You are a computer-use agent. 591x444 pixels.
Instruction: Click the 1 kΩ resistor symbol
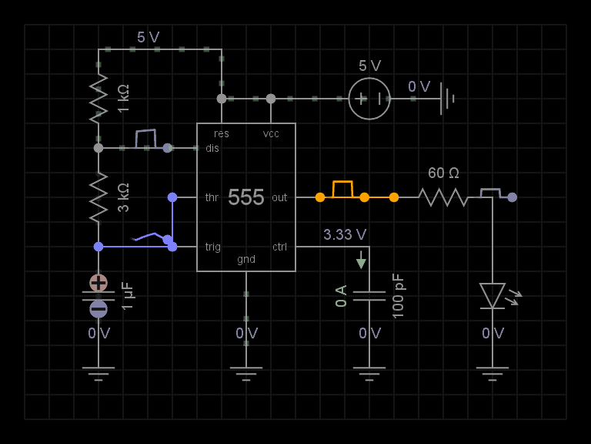click(98, 99)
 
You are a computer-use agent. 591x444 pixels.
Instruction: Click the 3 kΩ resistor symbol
click(98, 197)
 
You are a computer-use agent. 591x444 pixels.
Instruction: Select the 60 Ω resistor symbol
click(443, 197)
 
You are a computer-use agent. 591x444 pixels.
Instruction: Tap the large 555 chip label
click(245, 197)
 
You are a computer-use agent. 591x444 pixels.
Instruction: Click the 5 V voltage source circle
click(369, 99)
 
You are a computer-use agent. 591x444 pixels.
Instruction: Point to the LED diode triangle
click(492, 295)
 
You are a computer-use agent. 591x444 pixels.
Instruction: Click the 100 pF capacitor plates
click(369, 295)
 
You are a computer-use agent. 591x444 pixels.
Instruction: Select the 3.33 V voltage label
click(345, 234)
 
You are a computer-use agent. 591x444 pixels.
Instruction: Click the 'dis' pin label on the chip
click(212, 148)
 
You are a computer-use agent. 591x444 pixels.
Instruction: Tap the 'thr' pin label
click(212, 197)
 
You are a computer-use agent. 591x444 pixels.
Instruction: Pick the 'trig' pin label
click(213, 247)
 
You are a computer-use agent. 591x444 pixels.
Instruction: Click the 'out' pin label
click(279, 197)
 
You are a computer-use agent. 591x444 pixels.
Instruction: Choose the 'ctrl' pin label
click(279, 247)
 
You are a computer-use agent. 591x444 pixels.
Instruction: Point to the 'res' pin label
click(222, 133)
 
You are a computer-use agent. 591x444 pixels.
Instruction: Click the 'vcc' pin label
click(271, 133)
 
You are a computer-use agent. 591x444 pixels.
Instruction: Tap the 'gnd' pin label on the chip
click(246, 259)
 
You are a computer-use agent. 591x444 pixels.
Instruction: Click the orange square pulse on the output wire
click(342, 189)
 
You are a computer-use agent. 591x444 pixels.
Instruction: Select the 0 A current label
click(342, 296)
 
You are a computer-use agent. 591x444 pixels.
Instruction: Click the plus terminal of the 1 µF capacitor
click(98, 282)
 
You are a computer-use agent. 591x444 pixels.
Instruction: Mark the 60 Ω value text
click(443, 173)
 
